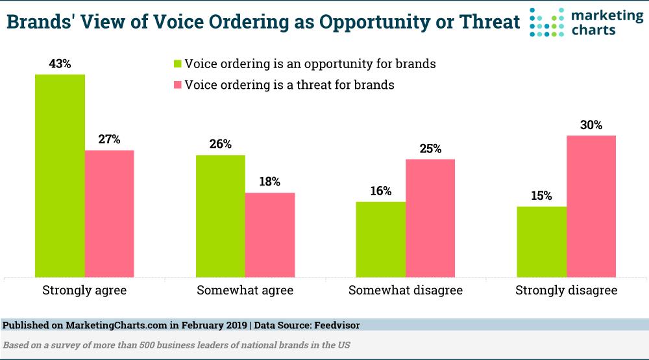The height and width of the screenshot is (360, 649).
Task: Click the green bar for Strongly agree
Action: [x=60, y=176]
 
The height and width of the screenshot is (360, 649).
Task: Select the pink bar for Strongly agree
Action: [x=109, y=214]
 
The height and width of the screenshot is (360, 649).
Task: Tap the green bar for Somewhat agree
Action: [x=220, y=216]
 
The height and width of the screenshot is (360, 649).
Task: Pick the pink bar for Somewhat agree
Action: [x=270, y=235]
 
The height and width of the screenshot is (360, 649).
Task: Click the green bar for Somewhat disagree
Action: [x=380, y=239]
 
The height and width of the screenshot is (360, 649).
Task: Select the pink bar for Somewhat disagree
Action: [x=430, y=218]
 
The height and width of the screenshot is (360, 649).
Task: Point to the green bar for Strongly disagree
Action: [x=541, y=242]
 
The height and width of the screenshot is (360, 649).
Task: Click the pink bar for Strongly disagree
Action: [x=591, y=206]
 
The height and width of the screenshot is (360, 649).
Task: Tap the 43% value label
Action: [x=60, y=64]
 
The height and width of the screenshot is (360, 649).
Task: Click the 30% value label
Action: [x=591, y=125]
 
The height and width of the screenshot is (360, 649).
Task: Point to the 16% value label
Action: [x=381, y=191]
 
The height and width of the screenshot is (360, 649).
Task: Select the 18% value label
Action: [x=270, y=182]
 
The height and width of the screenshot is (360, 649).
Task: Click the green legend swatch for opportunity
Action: [x=176, y=64]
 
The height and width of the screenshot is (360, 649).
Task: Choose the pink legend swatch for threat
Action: [x=176, y=85]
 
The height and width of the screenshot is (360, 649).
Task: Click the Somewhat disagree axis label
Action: [x=406, y=290]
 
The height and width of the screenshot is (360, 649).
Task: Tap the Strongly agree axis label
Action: [x=84, y=290]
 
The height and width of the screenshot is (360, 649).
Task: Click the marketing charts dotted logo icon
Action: [x=546, y=22]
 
